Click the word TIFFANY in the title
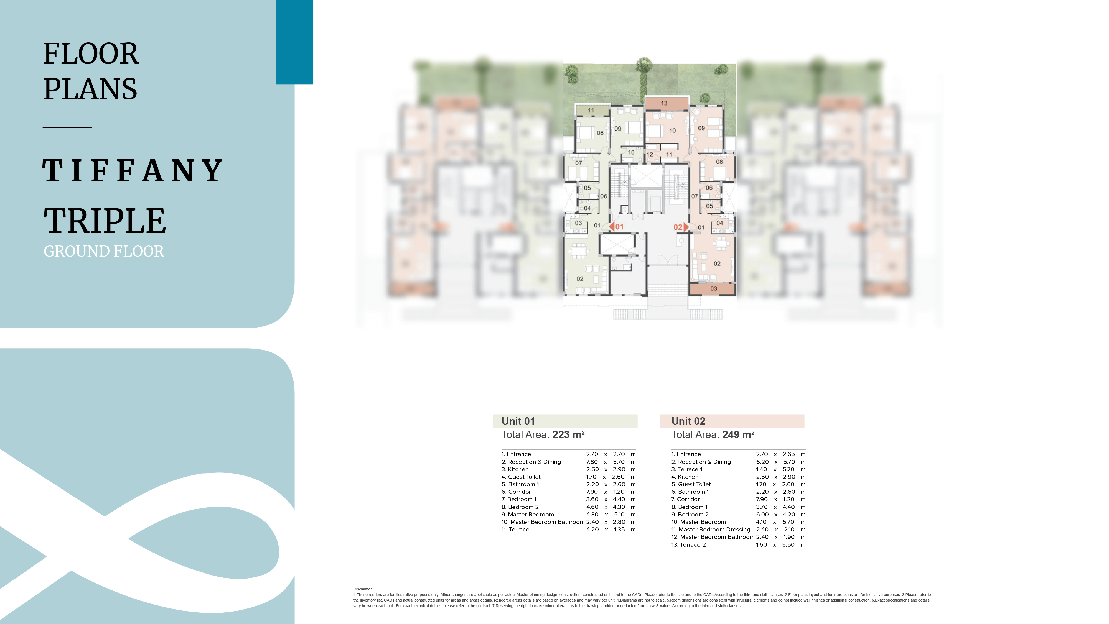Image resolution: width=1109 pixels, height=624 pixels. [x=133, y=170]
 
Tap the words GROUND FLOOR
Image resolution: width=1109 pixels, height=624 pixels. [x=104, y=251]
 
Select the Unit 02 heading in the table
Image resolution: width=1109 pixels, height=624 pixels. [x=688, y=421]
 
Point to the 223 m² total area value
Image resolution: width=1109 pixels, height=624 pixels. [x=568, y=435]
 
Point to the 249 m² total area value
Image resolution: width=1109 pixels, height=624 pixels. [x=738, y=435]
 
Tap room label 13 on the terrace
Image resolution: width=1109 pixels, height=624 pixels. [x=664, y=103]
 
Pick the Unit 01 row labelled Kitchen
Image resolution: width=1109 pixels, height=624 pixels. [x=515, y=469]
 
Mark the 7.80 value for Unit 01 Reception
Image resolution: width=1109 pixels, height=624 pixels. [x=592, y=462]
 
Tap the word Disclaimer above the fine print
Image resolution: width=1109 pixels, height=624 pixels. [x=362, y=589]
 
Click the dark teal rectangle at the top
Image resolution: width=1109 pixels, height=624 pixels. [x=294, y=42]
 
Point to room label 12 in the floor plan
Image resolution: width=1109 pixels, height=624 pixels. [x=650, y=155]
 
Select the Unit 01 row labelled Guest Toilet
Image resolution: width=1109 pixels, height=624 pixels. [x=521, y=477]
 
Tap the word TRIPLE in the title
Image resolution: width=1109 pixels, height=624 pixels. [x=105, y=221]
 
